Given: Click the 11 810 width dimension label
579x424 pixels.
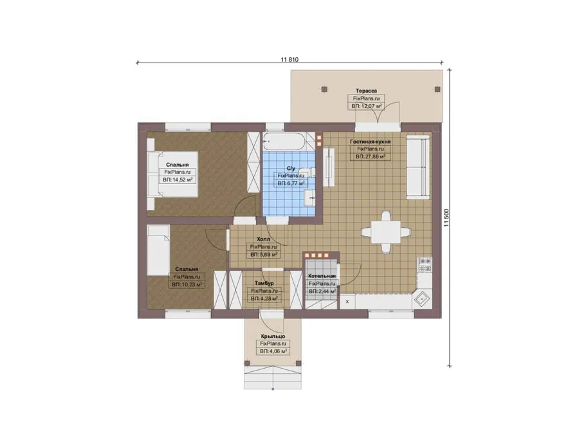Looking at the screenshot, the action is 289,59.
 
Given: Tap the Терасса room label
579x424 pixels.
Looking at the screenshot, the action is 366,91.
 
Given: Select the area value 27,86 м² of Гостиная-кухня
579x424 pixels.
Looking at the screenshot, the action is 371,156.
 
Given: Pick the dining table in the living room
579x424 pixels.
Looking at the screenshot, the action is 386,232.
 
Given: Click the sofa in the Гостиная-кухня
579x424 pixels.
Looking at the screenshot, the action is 418,167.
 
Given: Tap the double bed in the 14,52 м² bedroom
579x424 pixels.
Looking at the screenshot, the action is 172,174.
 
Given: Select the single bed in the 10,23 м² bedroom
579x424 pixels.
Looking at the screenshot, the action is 158,250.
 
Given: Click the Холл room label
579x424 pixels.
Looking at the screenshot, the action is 263,239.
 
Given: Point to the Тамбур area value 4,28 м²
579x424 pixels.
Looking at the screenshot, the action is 264,299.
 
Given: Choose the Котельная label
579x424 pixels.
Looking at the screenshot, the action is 322,276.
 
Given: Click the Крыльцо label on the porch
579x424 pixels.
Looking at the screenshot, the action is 273,336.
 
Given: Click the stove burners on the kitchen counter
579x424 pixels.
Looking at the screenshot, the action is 425,264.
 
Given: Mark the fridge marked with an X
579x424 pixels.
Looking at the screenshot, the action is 347,301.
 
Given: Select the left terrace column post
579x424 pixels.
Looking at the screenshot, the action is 324,89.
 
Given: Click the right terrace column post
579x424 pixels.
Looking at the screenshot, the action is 437,89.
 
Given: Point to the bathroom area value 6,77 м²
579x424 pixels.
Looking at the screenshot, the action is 291,183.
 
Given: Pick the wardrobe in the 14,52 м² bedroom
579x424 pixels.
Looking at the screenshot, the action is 253,162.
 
